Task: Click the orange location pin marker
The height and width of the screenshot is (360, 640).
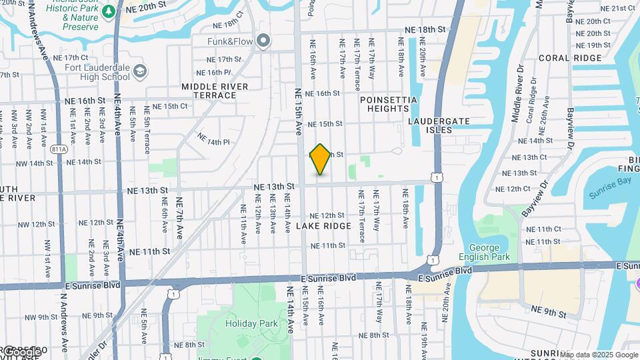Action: pyautogui.click(x=321, y=159)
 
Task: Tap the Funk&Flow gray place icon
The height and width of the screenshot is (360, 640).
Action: pyautogui.click(x=264, y=41)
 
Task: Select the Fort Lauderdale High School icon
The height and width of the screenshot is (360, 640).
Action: pyautogui.click(x=140, y=71)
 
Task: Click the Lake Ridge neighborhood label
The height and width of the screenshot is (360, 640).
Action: pyautogui.click(x=323, y=227)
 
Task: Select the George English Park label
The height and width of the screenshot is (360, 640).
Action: pyautogui.click(x=484, y=251)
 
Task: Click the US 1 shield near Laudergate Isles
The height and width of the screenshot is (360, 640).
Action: pyautogui.click(x=435, y=176)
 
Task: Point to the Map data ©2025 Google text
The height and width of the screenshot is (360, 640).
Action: pyautogui.click(x=599, y=354)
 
